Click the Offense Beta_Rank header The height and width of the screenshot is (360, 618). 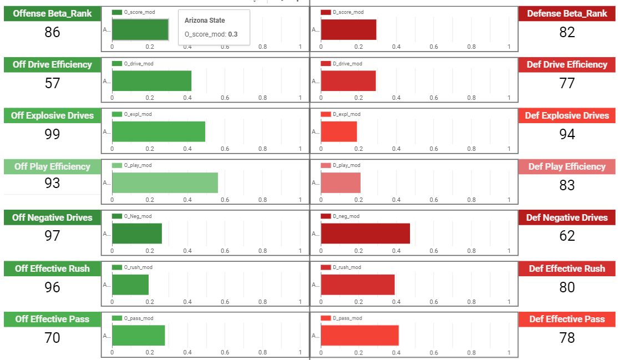52,14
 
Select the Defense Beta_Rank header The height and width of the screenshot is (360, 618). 567,14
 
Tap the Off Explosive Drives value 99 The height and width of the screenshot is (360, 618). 52,134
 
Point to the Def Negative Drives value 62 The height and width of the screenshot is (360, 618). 567,236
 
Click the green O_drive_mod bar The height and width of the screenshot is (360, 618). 151,81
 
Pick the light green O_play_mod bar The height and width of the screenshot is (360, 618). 165,182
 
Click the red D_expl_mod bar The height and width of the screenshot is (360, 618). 339,131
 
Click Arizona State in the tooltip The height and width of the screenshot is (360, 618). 205,21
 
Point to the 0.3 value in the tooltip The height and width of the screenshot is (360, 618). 233,34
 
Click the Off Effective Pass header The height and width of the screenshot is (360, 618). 52,319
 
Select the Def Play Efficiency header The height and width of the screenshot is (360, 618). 567,166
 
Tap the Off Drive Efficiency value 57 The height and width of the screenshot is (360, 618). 52,83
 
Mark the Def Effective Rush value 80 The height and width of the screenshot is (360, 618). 567,287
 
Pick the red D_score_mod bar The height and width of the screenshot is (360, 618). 348,30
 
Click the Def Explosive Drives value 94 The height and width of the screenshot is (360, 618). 567,134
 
